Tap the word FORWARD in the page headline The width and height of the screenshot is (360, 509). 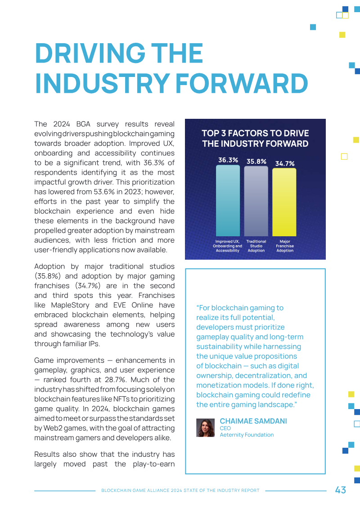[242, 84]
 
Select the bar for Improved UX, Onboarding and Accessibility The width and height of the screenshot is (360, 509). [228, 201]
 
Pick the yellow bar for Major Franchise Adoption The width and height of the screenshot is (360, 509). [284, 202]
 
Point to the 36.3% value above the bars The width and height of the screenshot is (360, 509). [228, 160]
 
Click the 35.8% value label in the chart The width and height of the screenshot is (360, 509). [256, 162]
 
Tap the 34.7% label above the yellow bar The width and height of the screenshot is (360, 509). [285, 163]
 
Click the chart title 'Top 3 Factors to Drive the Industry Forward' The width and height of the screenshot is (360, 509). [255, 139]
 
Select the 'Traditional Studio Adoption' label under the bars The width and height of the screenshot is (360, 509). [256, 246]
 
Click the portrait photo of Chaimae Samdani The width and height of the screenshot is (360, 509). [205, 428]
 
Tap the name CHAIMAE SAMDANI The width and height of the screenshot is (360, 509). [253, 421]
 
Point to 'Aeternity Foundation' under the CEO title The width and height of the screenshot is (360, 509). [247, 435]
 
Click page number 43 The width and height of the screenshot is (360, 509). [340, 490]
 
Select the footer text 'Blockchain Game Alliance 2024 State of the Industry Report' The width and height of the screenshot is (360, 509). [180, 491]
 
